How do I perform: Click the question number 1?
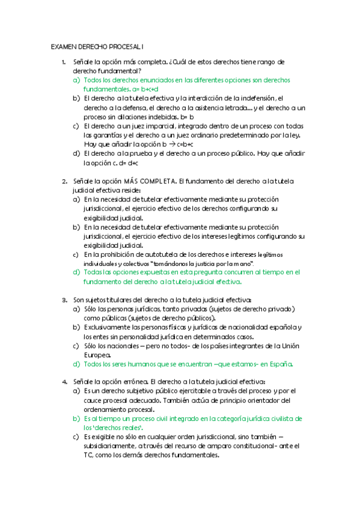(64, 62)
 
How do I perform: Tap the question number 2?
(64, 181)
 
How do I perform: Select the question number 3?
(64, 299)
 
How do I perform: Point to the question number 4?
(64, 381)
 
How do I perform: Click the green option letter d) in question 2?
(76, 272)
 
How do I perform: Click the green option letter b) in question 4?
(76, 418)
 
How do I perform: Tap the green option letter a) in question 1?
(76, 79)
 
